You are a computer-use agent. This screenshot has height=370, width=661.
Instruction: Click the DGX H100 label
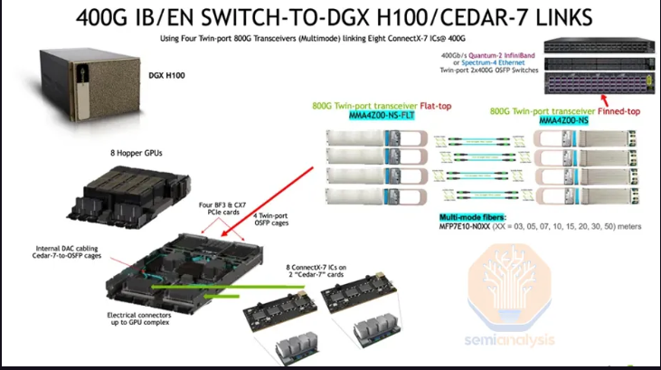click(x=166, y=75)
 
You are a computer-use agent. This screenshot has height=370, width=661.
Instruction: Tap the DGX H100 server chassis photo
click(x=90, y=84)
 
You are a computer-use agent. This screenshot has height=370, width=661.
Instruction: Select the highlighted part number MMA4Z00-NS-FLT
click(x=382, y=115)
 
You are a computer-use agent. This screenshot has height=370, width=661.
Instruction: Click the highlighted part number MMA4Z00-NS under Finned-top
click(x=563, y=120)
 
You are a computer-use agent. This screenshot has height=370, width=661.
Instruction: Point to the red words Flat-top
click(x=436, y=106)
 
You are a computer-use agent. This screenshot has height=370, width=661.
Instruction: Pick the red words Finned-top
click(x=619, y=111)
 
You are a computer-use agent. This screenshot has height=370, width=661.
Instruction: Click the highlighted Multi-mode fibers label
click(x=472, y=217)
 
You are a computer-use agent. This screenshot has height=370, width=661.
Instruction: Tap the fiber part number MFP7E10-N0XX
click(x=465, y=226)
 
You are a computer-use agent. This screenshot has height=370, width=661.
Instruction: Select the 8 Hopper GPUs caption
click(x=137, y=153)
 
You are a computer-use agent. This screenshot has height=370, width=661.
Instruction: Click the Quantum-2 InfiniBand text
click(x=502, y=55)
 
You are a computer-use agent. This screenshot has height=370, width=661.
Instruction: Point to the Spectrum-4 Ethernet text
click(x=493, y=62)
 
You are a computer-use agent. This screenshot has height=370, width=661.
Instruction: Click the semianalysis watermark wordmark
click(x=510, y=339)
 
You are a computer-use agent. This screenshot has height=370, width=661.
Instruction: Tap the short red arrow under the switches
click(x=605, y=100)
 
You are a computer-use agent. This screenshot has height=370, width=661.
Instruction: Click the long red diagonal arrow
click(x=268, y=202)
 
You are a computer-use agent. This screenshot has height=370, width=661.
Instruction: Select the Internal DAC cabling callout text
click(x=67, y=251)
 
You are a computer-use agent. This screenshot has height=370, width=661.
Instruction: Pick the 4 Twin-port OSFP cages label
click(x=271, y=219)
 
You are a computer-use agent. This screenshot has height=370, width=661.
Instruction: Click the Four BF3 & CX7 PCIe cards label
click(x=222, y=208)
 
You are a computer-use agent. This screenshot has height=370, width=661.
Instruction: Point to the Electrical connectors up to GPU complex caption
click(x=139, y=318)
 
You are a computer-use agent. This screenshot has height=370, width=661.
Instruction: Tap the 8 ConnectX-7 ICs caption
click(x=316, y=270)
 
